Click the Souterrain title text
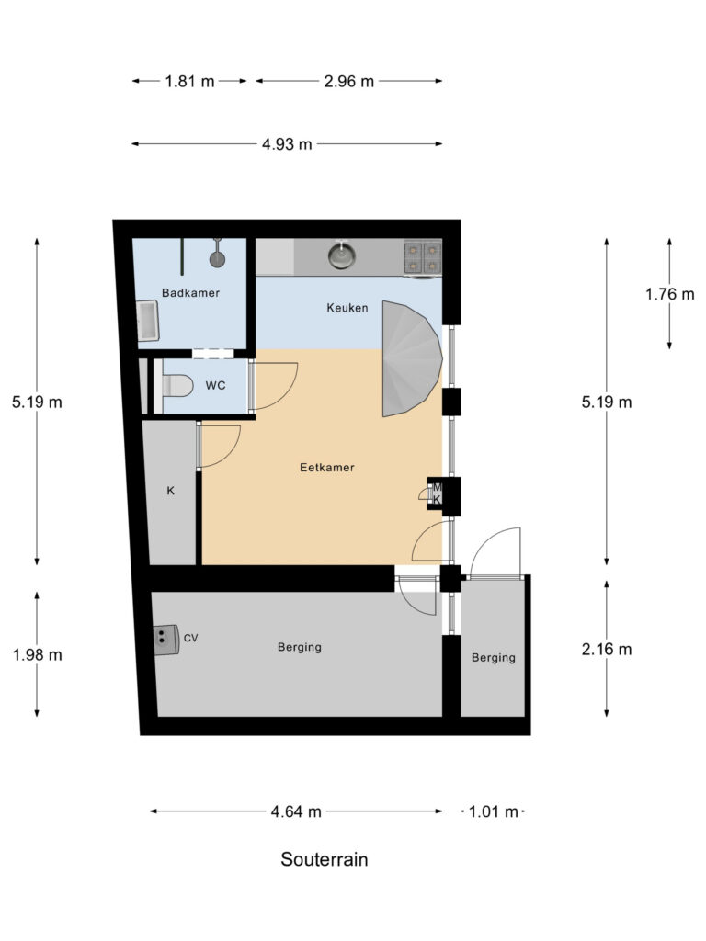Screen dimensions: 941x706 (325, 860)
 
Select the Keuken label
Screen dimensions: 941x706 (347, 308)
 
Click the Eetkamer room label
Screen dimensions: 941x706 (326, 467)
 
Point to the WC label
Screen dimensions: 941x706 (215, 386)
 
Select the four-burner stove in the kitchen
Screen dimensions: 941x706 (422, 256)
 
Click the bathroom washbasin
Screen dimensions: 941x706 (147, 321)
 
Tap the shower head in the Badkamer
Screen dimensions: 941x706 (218, 258)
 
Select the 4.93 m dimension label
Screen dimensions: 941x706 (287, 144)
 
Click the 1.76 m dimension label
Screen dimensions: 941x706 (669, 294)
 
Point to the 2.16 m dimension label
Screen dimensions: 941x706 (607, 650)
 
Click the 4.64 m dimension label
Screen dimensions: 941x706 (296, 811)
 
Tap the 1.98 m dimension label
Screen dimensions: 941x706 (38, 655)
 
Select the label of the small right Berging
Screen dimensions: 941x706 (493, 658)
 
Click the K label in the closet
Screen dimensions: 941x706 (170, 492)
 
